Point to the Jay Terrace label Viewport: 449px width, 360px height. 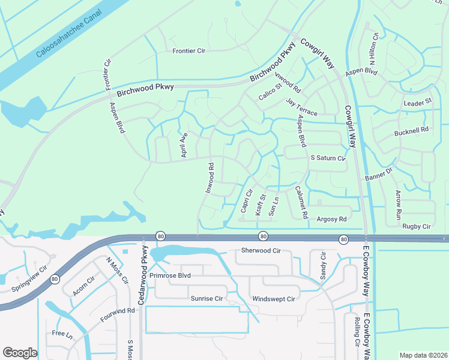click(x=301, y=107)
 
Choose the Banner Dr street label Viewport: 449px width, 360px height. click(x=379, y=175)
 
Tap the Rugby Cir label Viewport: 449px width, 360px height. click(x=417, y=226)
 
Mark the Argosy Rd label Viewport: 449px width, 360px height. click(x=332, y=220)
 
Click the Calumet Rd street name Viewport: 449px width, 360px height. click(x=301, y=202)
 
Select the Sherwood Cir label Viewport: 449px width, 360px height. click(x=261, y=250)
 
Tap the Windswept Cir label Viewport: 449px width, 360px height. click(x=274, y=299)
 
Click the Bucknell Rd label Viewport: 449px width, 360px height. click(x=411, y=130)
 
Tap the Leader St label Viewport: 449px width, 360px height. click(x=418, y=103)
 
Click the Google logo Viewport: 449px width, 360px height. click(x=20, y=353)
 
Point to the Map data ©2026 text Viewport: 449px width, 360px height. click(x=423, y=355)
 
